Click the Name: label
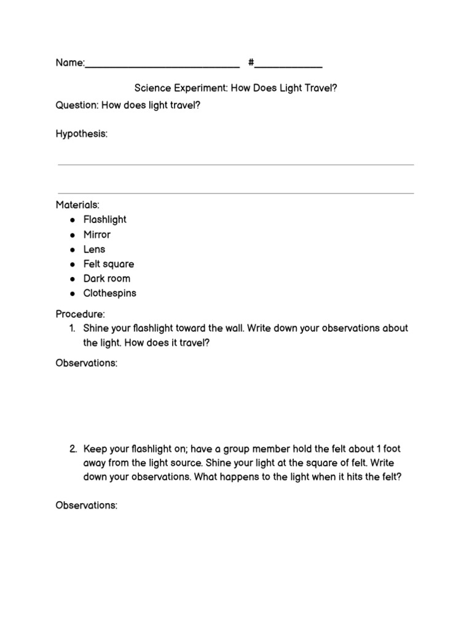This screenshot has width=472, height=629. pos(70,63)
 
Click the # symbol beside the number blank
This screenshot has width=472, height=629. pos(251,63)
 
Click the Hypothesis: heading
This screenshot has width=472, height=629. pos(82,134)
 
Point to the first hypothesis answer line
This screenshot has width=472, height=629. pos(235,165)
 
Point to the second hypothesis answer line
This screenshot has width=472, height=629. pos(235,193)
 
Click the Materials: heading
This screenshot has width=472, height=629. pos(77,205)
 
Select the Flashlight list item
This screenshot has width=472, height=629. pos(105,219)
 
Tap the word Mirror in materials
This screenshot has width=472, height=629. pos(97,234)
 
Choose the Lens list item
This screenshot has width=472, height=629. pos(95,249)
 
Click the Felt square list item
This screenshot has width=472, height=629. pos(109,264)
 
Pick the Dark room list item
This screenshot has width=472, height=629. pos(107,278)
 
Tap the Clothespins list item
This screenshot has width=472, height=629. pos(110,293)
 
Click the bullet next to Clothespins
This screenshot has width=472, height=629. pos(72,294)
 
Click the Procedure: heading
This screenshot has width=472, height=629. pos(81,314)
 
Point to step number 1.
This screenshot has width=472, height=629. pos(75,328)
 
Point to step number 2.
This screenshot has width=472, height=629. pos(74,449)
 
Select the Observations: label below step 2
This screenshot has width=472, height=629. pos(87,505)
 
